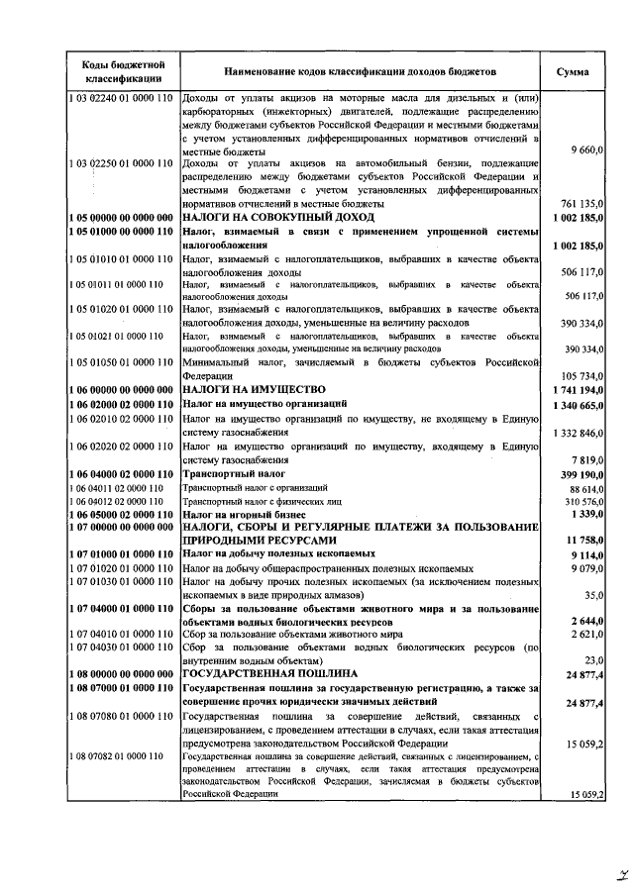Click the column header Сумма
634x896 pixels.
573,72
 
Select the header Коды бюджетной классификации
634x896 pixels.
117,72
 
